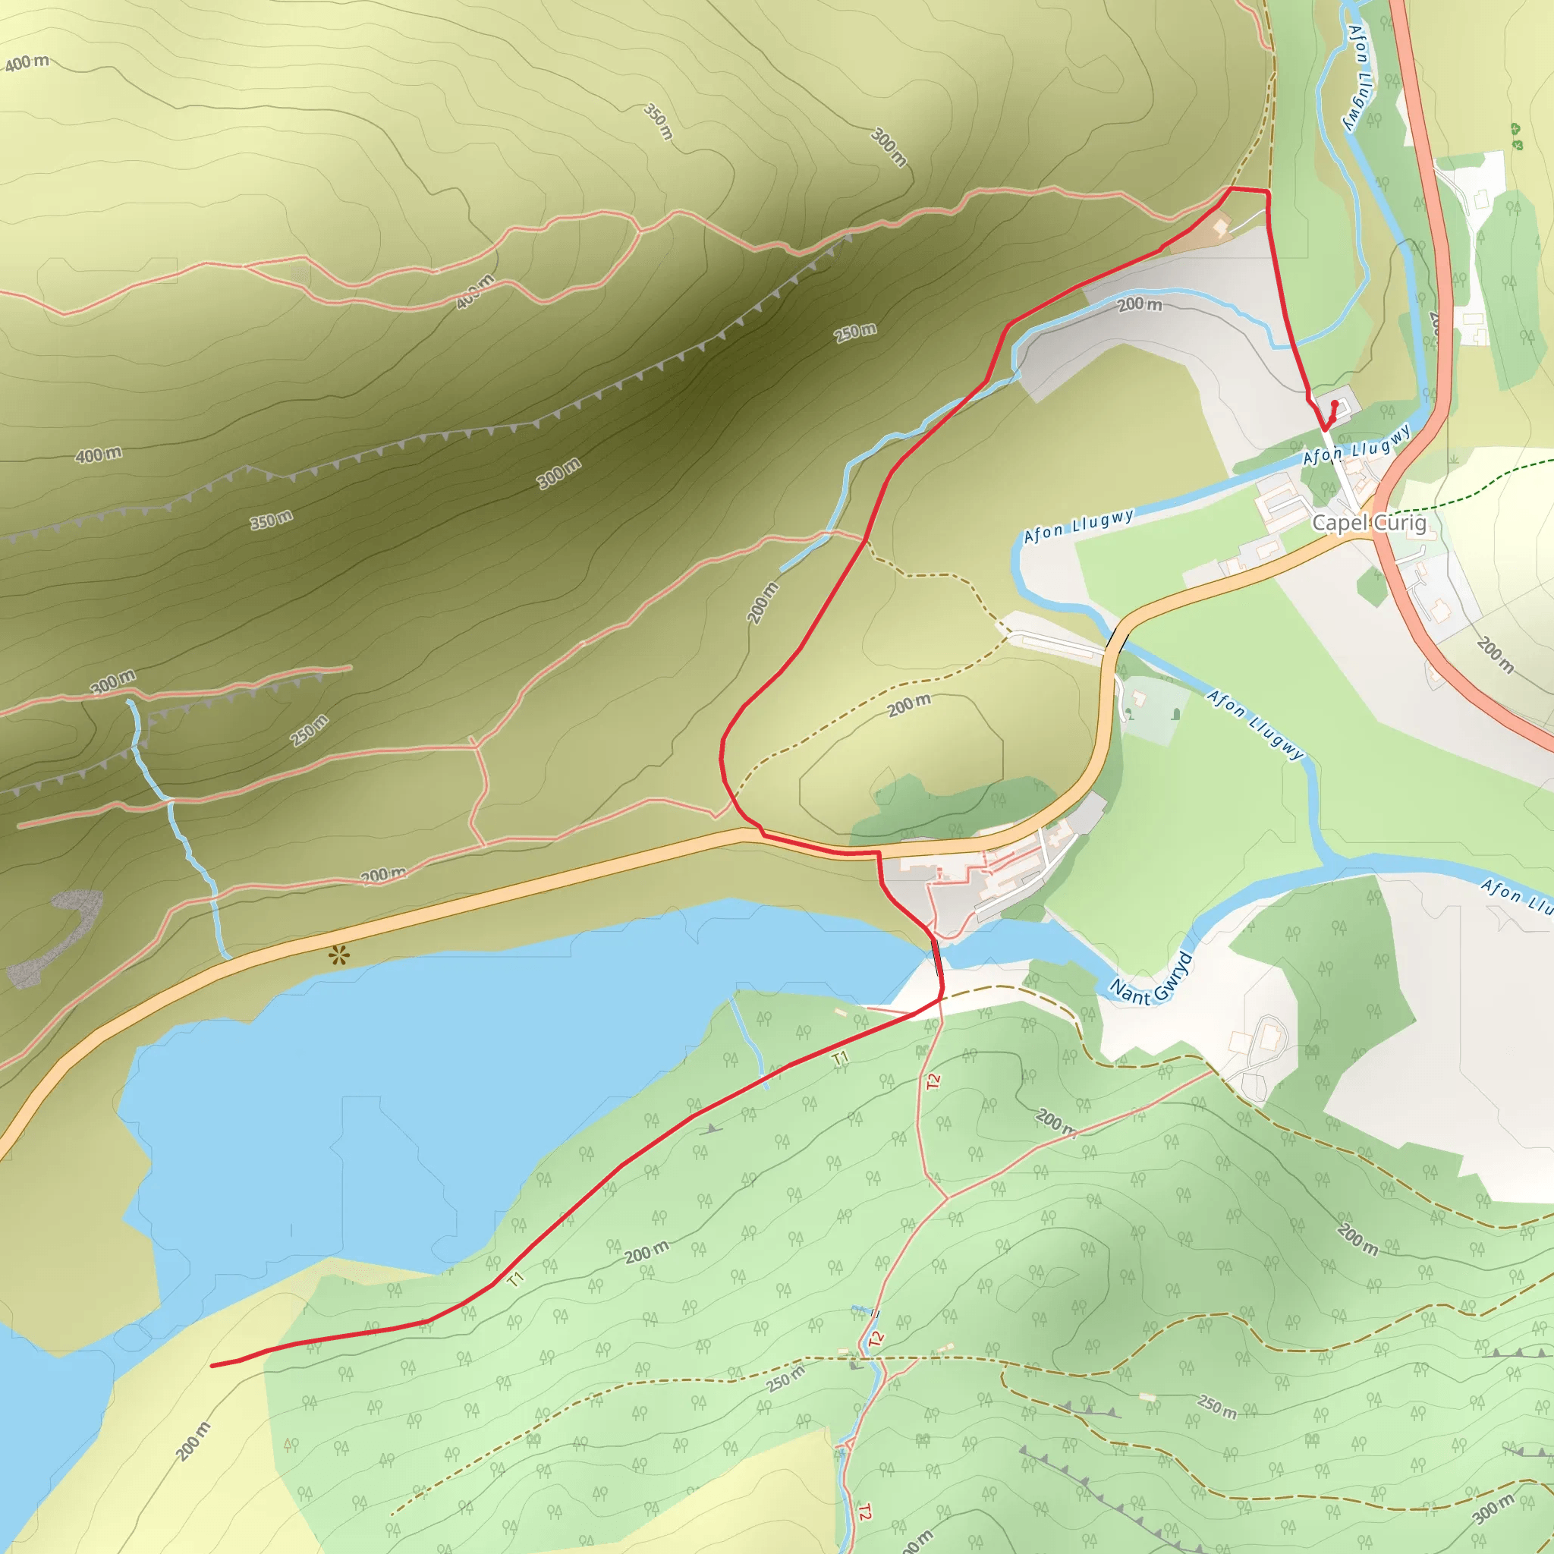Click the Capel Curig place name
[x=1369, y=523]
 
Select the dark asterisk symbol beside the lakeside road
[x=338, y=956]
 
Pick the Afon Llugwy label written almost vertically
[x=1358, y=77]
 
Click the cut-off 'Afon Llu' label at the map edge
[x=1516, y=896]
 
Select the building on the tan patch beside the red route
[x=1220, y=228]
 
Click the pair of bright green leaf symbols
[x=1516, y=136]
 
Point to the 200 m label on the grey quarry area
[x=1140, y=304]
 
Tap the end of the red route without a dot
[x=212, y=1365]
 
